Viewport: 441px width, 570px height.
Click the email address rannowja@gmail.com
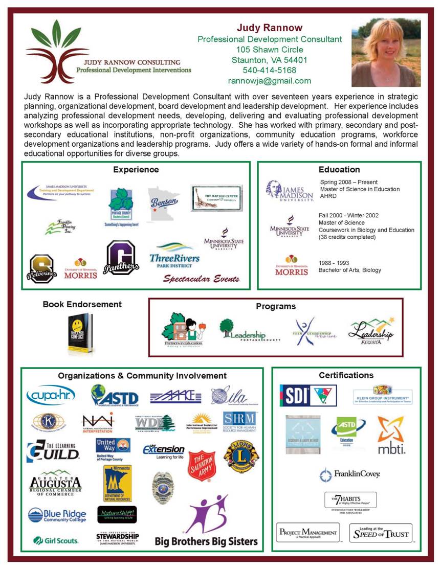[270, 81]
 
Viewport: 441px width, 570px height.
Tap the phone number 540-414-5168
[270, 70]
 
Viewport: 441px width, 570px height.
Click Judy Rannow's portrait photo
[386, 53]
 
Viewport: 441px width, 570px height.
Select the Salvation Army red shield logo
[202, 465]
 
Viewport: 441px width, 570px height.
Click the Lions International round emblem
[241, 456]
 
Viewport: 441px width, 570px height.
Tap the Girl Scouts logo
[56, 540]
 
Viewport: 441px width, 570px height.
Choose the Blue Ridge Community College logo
[56, 515]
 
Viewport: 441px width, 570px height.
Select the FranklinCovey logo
[350, 475]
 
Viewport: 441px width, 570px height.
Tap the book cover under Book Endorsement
[80, 334]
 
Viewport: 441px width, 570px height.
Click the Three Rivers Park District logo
[174, 255]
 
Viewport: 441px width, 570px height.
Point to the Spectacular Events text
[201, 279]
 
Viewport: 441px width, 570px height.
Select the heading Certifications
[346, 375]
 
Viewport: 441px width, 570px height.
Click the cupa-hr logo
[51, 395]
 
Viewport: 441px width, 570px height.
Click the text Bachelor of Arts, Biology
[349, 270]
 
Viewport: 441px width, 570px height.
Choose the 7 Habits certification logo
[350, 501]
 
